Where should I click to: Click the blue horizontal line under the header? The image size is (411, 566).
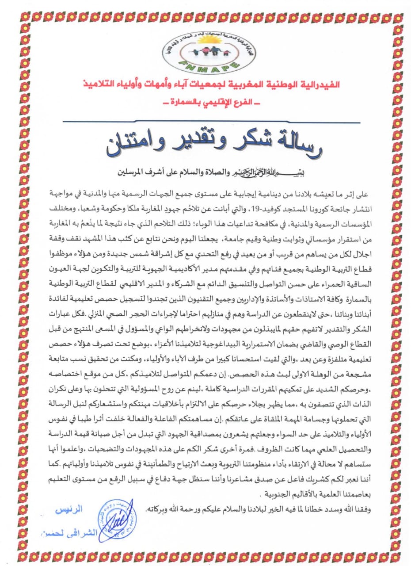click(x=205, y=121)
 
